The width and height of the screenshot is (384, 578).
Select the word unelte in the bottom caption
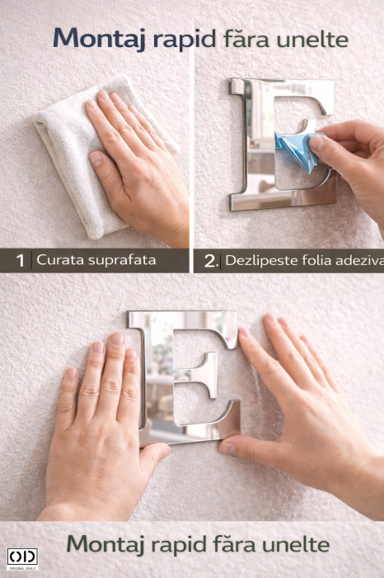[293, 544]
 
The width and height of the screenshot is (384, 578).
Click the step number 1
[21, 261]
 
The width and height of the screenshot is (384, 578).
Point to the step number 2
[210, 261]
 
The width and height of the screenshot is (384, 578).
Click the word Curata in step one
[57, 261]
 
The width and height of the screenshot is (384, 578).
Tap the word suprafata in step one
[123, 261]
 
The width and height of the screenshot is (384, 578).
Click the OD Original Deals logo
[21, 559]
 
